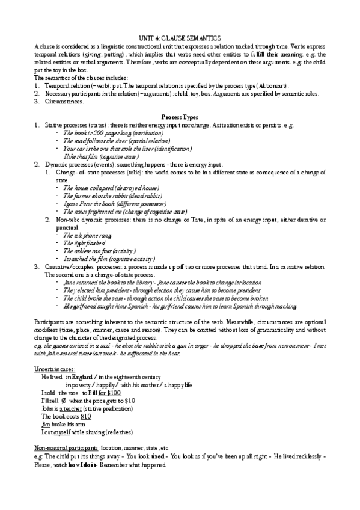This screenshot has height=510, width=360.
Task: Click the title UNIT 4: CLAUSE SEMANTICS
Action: click(180, 37)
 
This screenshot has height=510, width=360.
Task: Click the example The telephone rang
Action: click(87, 236)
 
